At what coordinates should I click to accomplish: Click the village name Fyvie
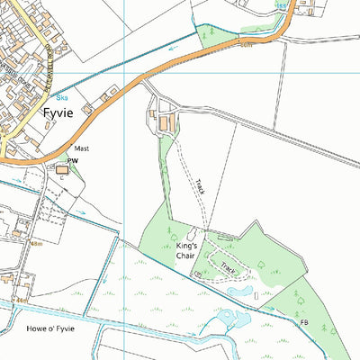62,115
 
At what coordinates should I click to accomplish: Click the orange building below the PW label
62,169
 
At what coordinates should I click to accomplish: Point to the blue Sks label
62,97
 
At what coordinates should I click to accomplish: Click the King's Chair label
187,250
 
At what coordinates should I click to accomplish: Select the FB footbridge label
304,323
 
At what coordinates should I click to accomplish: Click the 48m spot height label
36,243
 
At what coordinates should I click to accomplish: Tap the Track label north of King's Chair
200,188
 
